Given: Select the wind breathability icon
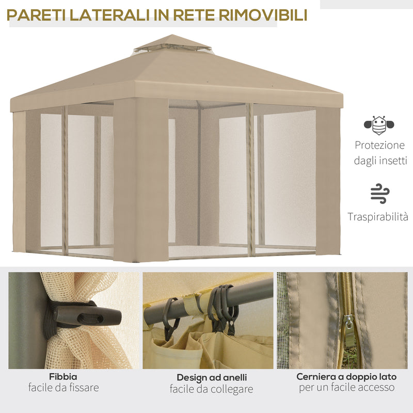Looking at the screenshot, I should (x=380, y=193).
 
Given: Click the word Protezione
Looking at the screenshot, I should (x=380, y=146).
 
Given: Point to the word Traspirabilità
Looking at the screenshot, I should (x=378, y=216).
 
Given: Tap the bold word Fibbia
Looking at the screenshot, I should (x=63, y=376).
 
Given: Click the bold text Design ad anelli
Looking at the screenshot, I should (x=212, y=377).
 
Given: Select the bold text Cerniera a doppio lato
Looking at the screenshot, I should (x=346, y=376).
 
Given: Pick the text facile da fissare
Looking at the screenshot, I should (x=63, y=387).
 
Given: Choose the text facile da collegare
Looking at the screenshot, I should (x=212, y=389).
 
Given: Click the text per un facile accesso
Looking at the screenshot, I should (x=346, y=387).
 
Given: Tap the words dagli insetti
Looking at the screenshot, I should (x=380, y=161).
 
